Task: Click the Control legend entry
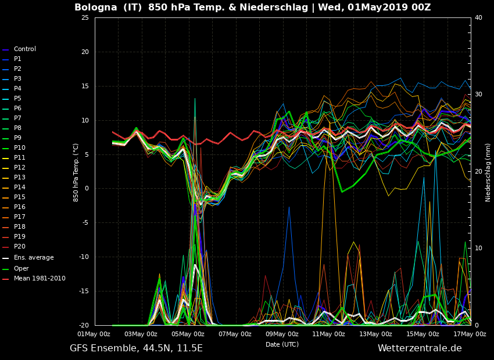(24, 49)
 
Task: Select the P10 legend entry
(19, 148)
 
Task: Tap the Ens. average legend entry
(33, 258)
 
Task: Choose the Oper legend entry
(21, 268)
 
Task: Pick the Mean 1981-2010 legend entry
(39, 279)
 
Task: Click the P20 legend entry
(19, 247)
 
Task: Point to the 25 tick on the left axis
(85, 18)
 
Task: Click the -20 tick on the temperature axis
(84, 326)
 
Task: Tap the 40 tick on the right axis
(478, 18)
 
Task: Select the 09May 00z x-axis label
(282, 334)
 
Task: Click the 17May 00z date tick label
(470, 334)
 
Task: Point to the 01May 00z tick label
(94, 334)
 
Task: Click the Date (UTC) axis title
(282, 344)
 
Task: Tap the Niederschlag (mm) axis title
(488, 172)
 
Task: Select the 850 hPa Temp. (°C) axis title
(76, 172)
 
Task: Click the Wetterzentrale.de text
(420, 348)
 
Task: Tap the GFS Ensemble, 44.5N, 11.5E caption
(136, 348)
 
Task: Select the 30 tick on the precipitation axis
(478, 95)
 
